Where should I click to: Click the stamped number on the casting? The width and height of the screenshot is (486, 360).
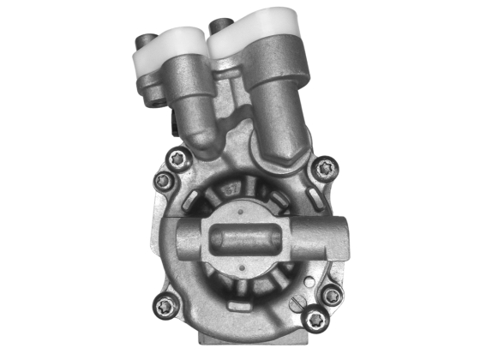[x=231, y=188]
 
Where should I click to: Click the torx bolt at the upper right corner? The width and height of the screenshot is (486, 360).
[x=323, y=170]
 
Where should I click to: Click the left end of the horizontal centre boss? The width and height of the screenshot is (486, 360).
[x=179, y=239]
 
